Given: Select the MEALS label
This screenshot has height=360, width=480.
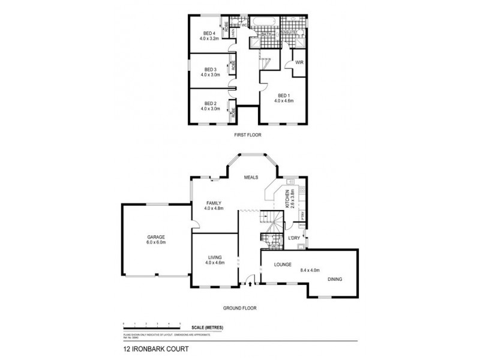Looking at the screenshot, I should coord(250,178).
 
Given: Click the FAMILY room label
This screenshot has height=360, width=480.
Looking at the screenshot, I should coord(214,203).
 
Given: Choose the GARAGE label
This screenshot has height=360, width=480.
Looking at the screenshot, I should coord(155,236).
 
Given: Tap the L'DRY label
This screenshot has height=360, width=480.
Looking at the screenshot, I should coord(294,239).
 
